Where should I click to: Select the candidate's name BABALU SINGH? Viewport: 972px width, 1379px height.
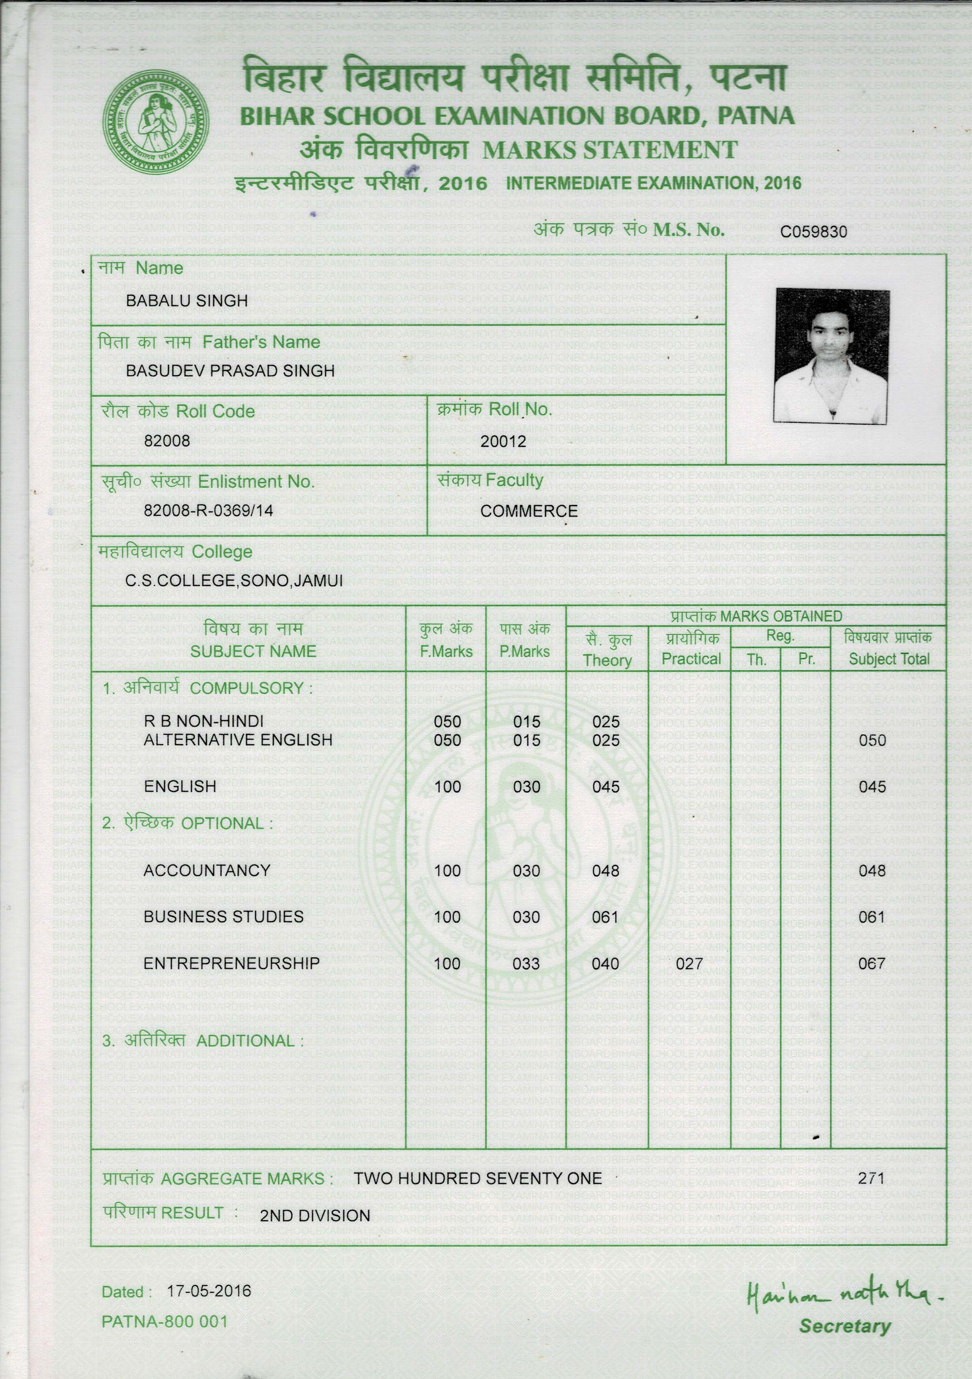tap(187, 301)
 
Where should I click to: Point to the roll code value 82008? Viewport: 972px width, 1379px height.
tap(167, 441)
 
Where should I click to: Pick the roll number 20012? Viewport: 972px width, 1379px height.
tap(503, 441)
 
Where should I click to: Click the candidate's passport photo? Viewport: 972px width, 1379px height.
tap(832, 355)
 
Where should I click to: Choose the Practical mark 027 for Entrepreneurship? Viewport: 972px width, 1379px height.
tap(689, 964)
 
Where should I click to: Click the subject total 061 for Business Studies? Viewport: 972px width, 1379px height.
tap(872, 917)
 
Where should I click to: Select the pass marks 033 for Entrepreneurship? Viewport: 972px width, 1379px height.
tap(526, 964)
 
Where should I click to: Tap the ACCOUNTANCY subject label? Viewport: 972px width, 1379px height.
tap(207, 870)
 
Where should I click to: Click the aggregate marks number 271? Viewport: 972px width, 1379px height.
tap(871, 1178)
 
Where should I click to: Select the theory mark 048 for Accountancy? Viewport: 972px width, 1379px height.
tap(605, 871)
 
